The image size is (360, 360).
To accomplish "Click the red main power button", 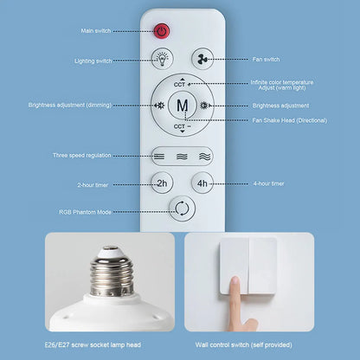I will tap(161, 32).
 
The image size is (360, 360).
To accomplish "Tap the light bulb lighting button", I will tap(161, 60).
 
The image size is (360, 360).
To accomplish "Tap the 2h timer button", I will tap(161, 183).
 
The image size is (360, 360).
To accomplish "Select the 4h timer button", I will tap(202, 183).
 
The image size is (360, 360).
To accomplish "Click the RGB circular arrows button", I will tap(182, 209).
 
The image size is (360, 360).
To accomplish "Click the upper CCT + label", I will tap(181, 85).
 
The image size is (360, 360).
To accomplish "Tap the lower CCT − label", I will tap(181, 127).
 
